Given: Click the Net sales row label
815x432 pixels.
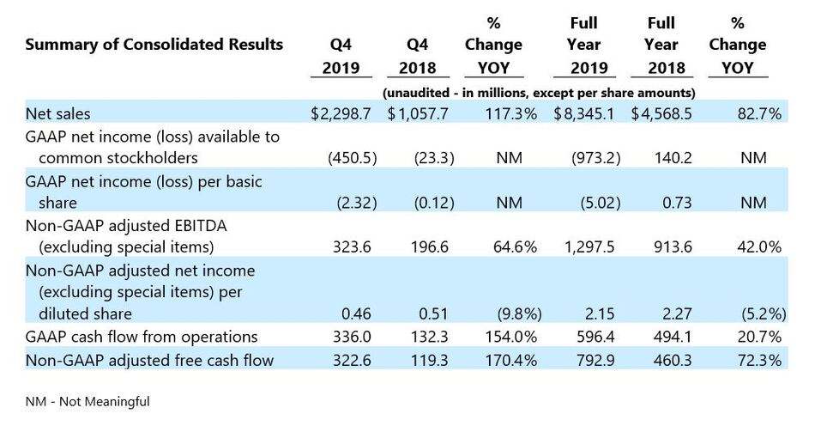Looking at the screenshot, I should pyautogui.click(x=58, y=113).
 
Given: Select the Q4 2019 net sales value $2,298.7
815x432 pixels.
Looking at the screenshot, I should pyautogui.click(x=344, y=113).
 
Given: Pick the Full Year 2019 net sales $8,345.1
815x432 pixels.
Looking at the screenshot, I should pyautogui.click(x=583, y=113).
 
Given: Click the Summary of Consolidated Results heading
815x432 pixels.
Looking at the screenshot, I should pyautogui.click(x=154, y=45).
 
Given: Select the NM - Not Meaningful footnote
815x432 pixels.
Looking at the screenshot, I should pyautogui.click(x=88, y=401).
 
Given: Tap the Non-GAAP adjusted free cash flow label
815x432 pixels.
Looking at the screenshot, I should pyautogui.click(x=149, y=361).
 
